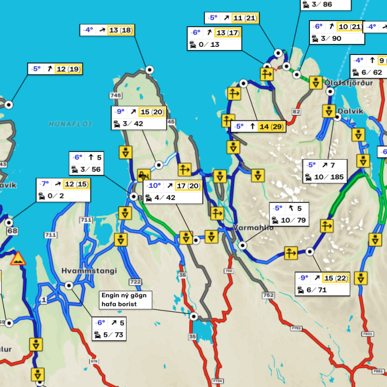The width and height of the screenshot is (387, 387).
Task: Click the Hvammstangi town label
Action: (89, 271)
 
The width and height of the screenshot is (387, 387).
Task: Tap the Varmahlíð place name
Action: (253, 228)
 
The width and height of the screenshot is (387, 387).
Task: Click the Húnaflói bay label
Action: (71, 124)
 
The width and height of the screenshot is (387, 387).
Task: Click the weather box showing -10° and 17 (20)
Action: (173, 192)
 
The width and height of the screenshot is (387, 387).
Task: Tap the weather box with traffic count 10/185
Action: (325, 171)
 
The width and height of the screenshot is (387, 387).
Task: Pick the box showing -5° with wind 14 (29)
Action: (259, 126)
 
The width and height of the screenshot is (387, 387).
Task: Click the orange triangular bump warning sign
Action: (19, 259)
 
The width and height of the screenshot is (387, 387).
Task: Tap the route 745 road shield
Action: (115, 95)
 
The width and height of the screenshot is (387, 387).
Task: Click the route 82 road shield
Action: (296, 111)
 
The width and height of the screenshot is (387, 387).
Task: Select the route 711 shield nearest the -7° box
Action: (86, 220)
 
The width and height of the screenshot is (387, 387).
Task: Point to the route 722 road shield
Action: (135, 282)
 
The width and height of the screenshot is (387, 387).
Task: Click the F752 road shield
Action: (296, 328)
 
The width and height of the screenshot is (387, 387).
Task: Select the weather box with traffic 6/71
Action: (322, 284)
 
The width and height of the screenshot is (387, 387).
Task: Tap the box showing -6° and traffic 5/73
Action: (109, 329)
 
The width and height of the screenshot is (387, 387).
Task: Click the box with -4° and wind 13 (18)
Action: (106, 30)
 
